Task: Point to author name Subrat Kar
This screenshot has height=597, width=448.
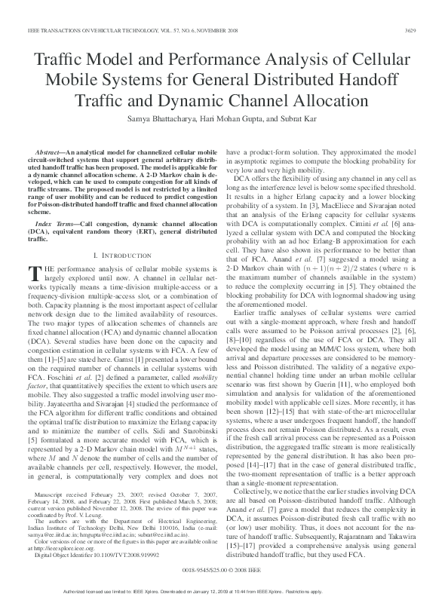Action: pos(299,119)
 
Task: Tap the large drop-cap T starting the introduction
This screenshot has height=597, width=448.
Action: pos(32,274)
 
